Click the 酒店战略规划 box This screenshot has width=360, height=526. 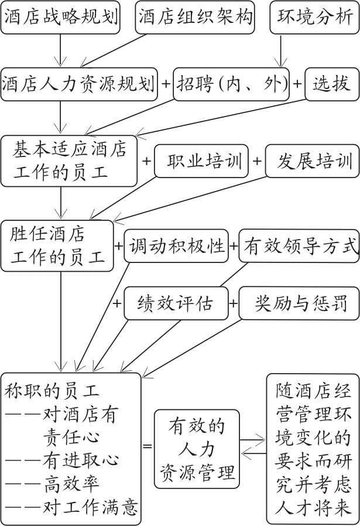[x=60, y=17]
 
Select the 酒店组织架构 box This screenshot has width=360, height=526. [x=195, y=17]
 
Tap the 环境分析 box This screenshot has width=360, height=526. [x=314, y=17]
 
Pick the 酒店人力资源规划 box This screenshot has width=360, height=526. [x=79, y=84]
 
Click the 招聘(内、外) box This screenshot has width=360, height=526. [x=231, y=84]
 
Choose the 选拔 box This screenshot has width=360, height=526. [x=332, y=84]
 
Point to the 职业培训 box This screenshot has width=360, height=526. [x=201, y=161]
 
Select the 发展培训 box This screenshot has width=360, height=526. [x=312, y=161]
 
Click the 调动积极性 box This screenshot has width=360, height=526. [x=176, y=246]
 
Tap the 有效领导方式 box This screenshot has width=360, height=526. [x=299, y=246]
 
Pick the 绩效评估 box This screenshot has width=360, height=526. [x=176, y=303]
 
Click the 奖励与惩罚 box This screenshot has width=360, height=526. [x=299, y=303]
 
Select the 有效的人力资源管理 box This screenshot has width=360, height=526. [x=197, y=449]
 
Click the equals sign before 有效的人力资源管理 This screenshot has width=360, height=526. [x=148, y=446]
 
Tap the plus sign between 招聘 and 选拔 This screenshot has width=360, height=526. [x=297, y=84]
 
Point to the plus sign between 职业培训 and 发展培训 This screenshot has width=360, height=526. [x=257, y=161]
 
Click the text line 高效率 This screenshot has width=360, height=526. [x=71, y=483]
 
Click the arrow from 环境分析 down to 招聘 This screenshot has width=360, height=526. [x=281, y=50]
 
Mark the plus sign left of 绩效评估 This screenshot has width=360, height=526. [x=117, y=303]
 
